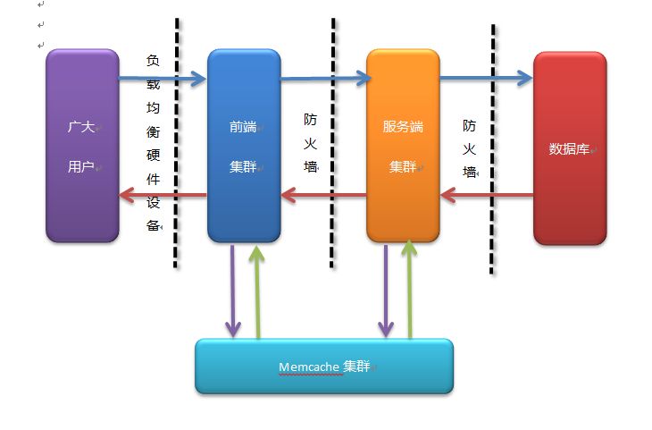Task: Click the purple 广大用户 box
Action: [82, 146]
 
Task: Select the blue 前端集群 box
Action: [243, 146]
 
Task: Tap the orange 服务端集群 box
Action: [403, 146]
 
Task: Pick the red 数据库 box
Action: [569, 148]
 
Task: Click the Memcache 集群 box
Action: [323, 367]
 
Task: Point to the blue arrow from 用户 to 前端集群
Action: [161, 80]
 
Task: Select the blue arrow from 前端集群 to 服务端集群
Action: [324, 80]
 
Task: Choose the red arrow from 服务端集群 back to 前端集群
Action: [324, 194]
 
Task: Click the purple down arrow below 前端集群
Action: [231, 291]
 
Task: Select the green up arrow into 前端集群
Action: [257, 291]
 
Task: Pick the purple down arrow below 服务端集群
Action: [386, 291]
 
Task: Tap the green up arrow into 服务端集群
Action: [409, 291]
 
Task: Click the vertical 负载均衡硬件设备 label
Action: [153, 143]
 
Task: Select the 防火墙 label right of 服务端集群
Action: [469, 148]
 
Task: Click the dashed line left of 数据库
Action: [493, 148]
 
